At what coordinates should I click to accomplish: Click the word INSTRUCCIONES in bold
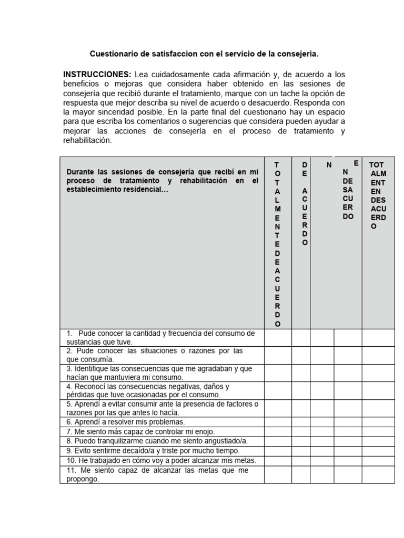(97, 74)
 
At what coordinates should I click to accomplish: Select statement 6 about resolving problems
(126, 421)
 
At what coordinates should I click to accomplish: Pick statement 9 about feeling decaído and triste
(153, 450)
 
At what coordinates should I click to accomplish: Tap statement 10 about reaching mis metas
(161, 460)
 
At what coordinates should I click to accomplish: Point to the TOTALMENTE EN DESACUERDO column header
(378, 195)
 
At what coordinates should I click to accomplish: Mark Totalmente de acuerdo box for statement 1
(278, 338)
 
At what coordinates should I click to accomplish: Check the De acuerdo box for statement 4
(301, 390)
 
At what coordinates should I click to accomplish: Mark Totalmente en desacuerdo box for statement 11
(378, 474)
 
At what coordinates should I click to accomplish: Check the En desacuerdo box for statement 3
(348, 373)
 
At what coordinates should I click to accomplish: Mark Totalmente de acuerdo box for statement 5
(278, 408)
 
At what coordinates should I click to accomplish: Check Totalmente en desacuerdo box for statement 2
(378, 355)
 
